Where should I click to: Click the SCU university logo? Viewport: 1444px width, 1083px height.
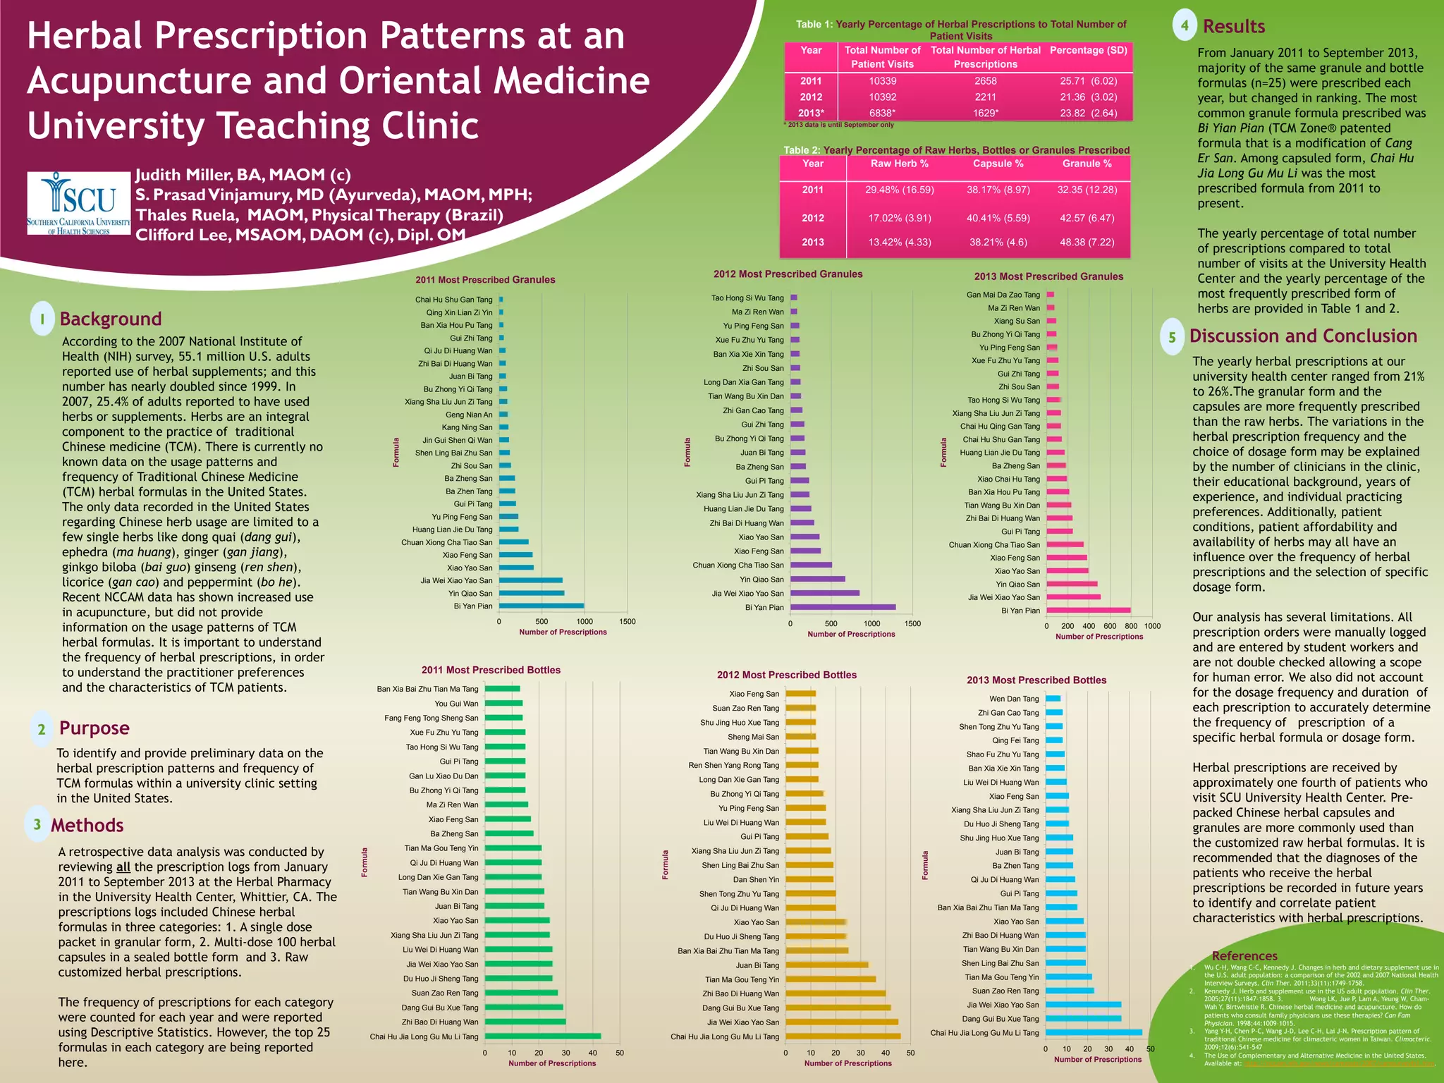click(78, 203)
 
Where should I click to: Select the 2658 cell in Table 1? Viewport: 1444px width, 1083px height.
click(985, 81)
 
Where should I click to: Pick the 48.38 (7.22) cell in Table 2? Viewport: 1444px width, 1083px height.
click(1087, 242)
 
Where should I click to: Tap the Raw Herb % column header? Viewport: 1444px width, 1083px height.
click(899, 164)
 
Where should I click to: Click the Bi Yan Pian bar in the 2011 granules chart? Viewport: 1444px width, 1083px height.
click(541, 606)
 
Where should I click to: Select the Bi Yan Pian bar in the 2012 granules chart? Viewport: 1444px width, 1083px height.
click(843, 607)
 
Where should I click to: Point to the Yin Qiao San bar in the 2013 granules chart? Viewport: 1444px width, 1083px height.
click(1072, 584)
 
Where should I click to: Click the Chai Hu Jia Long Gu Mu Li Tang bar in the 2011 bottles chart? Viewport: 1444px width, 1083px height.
click(543, 1036)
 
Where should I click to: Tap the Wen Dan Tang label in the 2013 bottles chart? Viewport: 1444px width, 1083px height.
click(1014, 699)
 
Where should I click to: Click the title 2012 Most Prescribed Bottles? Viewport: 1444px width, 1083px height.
click(787, 675)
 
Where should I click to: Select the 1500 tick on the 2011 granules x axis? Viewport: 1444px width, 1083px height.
click(627, 622)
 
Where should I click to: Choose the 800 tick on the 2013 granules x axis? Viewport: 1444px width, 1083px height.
click(1131, 626)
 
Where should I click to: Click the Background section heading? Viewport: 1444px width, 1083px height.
click(111, 319)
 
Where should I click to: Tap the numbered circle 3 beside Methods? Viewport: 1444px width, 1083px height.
click(37, 824)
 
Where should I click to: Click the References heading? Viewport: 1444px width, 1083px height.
click(1244, 956)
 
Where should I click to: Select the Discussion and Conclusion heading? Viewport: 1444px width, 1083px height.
click(1303, 336)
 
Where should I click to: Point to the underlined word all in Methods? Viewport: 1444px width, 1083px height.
click(123, 867)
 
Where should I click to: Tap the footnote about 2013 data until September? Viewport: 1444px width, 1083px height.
click(838, 125)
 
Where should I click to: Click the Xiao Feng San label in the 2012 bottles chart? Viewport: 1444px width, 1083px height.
click(754, 694)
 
